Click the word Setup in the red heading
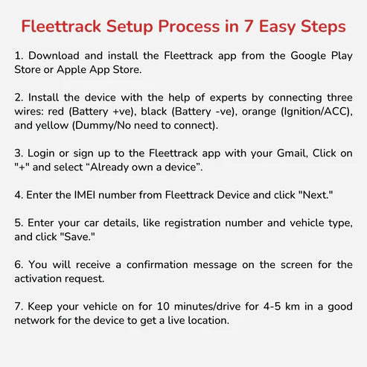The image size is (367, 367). pos(130,27)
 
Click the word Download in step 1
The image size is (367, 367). pos(54,55)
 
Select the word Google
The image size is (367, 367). pos(308,57)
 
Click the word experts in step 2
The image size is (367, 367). pos(228,98)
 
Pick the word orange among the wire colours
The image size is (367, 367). pos(259,112)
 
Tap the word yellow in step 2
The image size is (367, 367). pos(52,126)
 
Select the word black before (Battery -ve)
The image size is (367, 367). pos(154,112)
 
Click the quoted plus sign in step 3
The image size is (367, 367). pos(22,167)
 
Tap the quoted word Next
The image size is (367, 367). pos(316,195)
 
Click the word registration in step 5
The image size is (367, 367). pos(193,223)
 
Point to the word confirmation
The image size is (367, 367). pos(157,265)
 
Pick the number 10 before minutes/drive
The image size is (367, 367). pos(163,307)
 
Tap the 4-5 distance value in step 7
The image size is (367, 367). pos(272,307)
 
